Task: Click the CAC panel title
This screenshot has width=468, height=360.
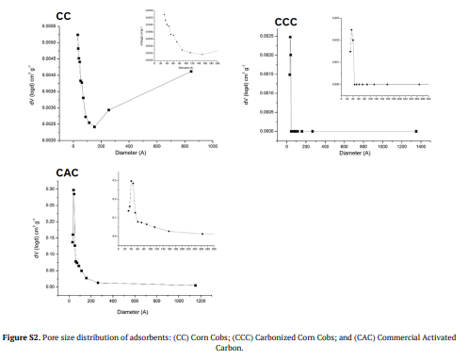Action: (40, 172)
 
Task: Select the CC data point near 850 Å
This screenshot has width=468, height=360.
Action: (191, 73)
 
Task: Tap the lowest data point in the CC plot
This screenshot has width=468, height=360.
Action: (94, 126)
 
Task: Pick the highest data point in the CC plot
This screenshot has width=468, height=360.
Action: (77, 35)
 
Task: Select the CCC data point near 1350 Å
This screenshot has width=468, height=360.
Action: (415, 131)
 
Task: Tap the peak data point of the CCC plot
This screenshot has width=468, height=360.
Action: (290, 37)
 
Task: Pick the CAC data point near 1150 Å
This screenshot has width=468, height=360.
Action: (195, 285)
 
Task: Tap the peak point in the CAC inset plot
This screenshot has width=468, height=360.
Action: (131, 181)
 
